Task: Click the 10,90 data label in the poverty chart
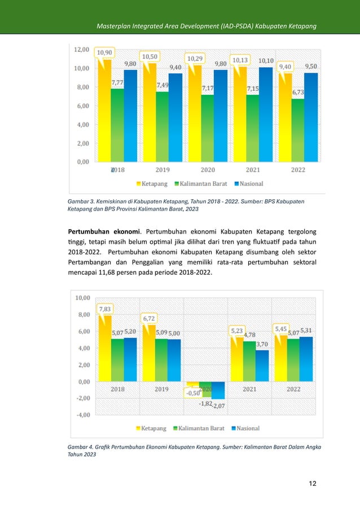click(x=104, y=52)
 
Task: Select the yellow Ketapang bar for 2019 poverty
click(x=150, y=113)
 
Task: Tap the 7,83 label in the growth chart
click(x=104, y=309)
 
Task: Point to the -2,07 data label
click(x=219, y=406)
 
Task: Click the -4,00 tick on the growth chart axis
click(x=82, y=415)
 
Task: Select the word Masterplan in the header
click(x=116, y=27)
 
